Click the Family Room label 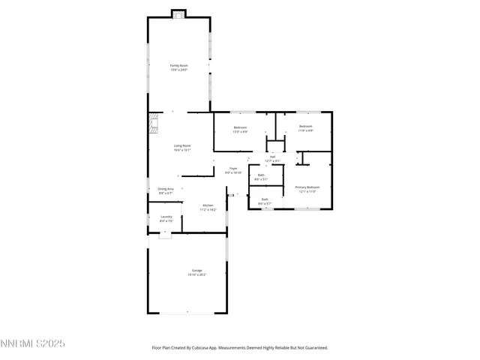pyautogui.click(x=178, y=66)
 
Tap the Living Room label pyautogui.click(x=182, y=145)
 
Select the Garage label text pyautogui.click(x=196, y=270)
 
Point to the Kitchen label pyautogui.click(x=208, y=205)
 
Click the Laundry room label pyautogui.click(x=166, y=217)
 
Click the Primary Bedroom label pyautogui.click(x=307, y=187)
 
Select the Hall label pyautogui.click(x=272, y=157)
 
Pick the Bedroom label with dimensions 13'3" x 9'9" pyautogui.click(x=240, y=127)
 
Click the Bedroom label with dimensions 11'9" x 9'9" pyautogui.click(x=305, y=126)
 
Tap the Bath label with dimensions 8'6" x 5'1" pyautogui.click(x=260, y=175)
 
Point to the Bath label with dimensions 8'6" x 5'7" pyautogui.click(x=265, y=199)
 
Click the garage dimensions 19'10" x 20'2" pyautogui.click(x=196, y=274)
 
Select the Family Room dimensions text pyautogui.click(x=178, y=70)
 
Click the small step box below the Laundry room pyautogui.click(x=164, y=235)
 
